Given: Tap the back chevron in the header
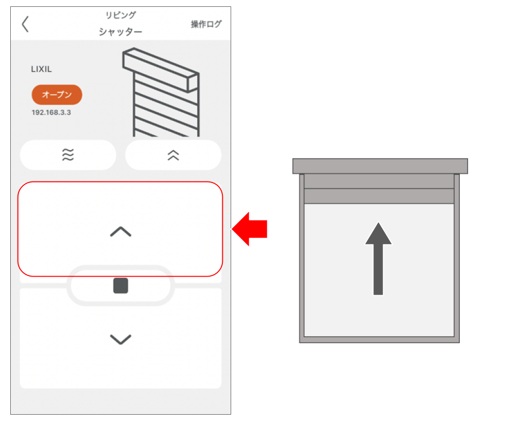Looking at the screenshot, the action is coord(25,24).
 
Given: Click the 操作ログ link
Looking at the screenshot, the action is coord(206,24).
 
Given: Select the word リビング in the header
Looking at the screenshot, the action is coord(120,15).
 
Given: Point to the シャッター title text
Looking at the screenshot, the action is coord(120,32).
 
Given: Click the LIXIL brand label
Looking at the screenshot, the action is coord(41,69).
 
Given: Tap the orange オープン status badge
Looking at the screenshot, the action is coord(57,95).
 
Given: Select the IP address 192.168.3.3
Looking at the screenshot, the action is coord(51,113).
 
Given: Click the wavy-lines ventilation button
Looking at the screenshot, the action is coord(68,155).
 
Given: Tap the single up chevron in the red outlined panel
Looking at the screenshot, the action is coord(121,232).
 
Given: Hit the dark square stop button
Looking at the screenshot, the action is coord(121,285).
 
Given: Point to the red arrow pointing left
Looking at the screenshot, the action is coord(249,229).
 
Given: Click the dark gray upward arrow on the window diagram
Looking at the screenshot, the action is coord(378,259).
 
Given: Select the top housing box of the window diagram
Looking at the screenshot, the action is coord(380,166).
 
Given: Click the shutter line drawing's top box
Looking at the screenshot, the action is coord(161,70).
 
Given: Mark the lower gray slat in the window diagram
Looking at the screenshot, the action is coord(379,196).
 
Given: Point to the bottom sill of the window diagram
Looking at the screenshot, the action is coord(379,340).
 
